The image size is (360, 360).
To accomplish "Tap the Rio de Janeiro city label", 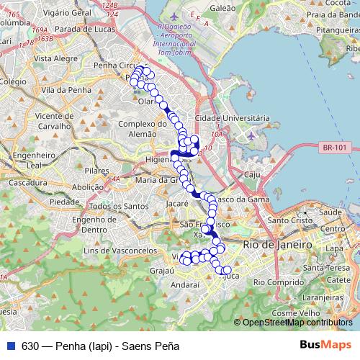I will [x=278, y=245].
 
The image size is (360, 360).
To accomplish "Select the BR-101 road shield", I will [x=335, y=147].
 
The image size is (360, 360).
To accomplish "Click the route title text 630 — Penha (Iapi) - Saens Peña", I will [x=100, y=346].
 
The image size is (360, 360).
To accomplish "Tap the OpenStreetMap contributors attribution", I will [x=297, y=323].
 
